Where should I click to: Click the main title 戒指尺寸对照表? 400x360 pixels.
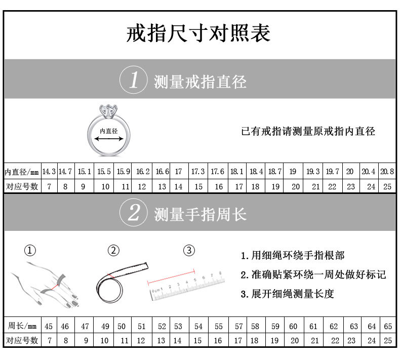point(198,33)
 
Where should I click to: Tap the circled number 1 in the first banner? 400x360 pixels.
point(134,80)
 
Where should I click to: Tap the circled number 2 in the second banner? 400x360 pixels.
point(134,213)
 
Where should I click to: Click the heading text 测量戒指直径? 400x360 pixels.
point(200,81)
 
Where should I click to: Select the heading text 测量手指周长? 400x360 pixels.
point(200,214)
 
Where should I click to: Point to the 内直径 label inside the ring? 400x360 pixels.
point(108,131)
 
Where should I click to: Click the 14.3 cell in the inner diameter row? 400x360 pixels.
point(49,172)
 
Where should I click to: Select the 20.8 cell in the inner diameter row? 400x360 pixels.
point(387,172)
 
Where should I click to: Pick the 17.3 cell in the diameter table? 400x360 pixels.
point(198,172)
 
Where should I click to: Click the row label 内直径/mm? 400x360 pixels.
point(22,172)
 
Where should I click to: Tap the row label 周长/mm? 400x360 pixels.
point(23,326)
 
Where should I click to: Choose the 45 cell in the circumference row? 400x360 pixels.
point(49,326)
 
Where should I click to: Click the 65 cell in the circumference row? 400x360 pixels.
point(387,326)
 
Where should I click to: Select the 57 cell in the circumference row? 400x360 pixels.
point(238,326)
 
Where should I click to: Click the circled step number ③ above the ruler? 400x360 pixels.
point(188,250)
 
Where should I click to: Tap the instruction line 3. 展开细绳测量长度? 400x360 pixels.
point(287,294)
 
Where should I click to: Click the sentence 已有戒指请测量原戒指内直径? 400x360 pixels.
point(308,131)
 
